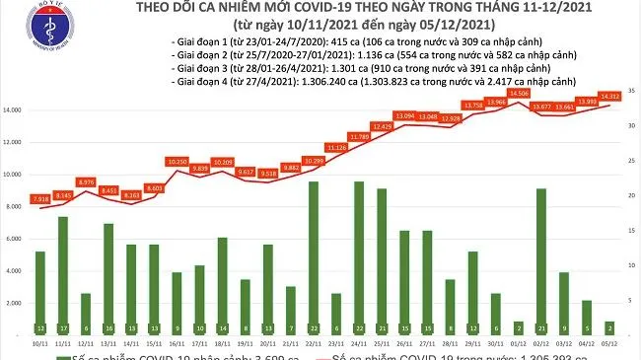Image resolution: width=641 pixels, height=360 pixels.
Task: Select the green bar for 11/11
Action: pos(63,275)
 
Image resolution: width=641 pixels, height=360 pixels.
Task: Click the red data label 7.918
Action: pos(40,199)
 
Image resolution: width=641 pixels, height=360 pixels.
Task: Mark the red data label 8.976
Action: pos(86,181)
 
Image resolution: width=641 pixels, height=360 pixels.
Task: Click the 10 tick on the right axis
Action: pos(629,266)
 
